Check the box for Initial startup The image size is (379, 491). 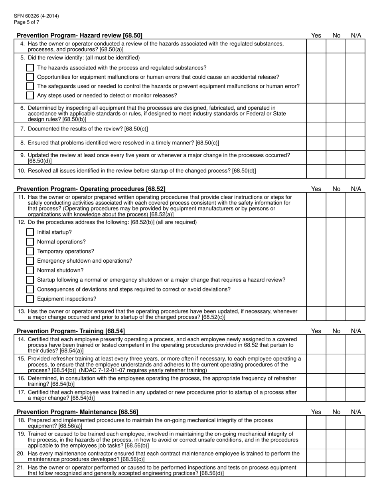pos(30,232)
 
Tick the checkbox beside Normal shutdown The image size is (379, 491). pos(30,270)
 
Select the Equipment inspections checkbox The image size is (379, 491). pos(30,299)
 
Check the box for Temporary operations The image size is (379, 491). pos(30,251)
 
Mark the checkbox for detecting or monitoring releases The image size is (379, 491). pos(30,95)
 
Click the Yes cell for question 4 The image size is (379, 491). pos(316,46)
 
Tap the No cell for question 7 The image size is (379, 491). pos(336,130)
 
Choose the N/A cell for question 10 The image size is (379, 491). pos(355,171)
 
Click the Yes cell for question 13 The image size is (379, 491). pos(316,314)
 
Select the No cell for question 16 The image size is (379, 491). pos(336,381)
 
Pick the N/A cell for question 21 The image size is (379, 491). pos(355,470)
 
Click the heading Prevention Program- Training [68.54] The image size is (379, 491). pos(71,331)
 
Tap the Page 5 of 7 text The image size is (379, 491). pos(26,22)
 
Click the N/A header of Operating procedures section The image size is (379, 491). pos(356,189)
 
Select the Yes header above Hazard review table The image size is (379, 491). pos(316,36)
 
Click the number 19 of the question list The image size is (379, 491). pos(22,434)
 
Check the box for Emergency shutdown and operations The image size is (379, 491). pos(30,261)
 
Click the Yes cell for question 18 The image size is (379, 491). pos(316,423)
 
